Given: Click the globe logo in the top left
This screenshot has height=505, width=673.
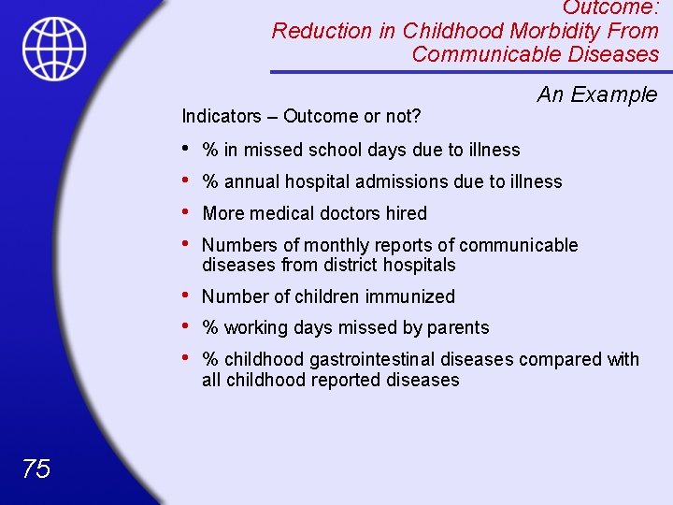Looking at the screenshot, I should click(x=55, y=49).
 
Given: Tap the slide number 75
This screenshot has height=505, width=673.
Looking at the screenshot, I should click(x=36, y=469).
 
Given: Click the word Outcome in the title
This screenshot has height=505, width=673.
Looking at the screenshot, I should click(x=607, y=7).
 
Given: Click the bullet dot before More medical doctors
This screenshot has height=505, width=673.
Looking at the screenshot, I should click(x=186, y=212).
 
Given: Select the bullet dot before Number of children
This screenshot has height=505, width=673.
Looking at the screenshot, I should click(x=186, y=296).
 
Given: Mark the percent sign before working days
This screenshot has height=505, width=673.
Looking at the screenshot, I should click(x=210, y=327).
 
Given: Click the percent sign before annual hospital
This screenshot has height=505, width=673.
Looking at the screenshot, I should click(x=210, y=181).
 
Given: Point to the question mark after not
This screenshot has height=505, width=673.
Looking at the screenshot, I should click(x=416, y=116).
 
